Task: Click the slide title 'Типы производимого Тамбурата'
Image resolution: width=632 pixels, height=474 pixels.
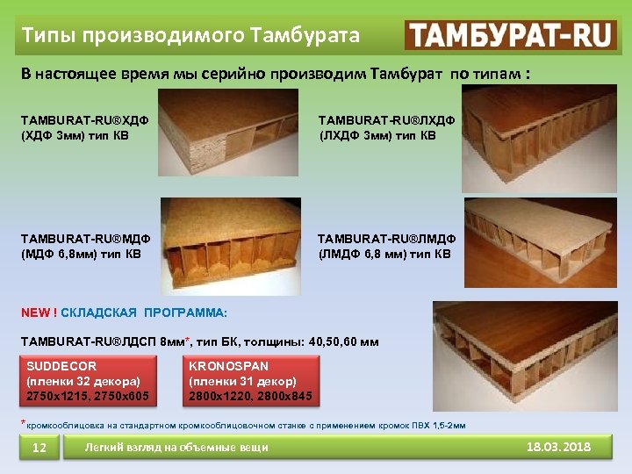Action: coord(190,35)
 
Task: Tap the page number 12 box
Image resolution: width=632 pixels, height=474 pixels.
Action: coord(39,449)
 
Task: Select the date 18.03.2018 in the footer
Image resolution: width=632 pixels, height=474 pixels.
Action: coord(558,448)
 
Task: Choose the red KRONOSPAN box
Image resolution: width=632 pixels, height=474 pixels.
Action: coord(250,381)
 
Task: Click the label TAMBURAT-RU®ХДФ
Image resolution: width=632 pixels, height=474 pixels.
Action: coord(84,118)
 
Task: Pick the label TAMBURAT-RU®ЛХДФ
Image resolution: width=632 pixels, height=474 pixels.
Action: coord(385,118)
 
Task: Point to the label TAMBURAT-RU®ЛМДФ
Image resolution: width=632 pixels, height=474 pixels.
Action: coord(386,238)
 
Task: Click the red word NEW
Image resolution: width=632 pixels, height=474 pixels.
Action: coord(37,312)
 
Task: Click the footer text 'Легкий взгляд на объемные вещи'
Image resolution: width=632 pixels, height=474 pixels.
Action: coord(176,448)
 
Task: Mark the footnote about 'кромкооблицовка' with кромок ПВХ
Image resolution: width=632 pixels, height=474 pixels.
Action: coord(246,425)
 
